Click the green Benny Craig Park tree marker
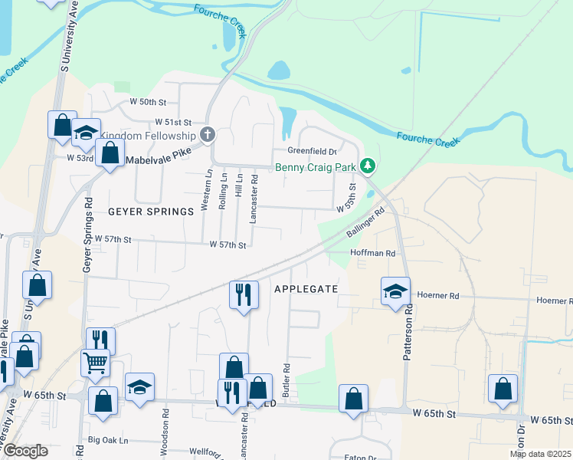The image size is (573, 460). (368, 166)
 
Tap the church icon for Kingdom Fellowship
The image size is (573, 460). (207, 135)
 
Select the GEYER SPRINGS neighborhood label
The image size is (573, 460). (151, 212)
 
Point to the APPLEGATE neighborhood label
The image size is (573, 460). (306, 288)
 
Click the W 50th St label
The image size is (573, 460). (148, 102)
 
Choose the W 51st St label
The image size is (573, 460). (172, 122)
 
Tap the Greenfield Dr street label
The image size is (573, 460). (313, 151)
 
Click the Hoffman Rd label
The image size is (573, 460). (372, 252)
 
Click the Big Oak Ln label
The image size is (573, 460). (108, 440)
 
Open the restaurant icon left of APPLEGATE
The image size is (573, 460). (243, 294)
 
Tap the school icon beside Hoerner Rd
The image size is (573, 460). (395, 291)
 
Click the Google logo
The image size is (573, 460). (25, 451)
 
